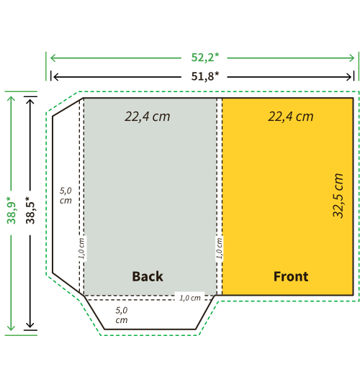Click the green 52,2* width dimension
pos(205,58)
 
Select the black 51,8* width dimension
pos(205,76)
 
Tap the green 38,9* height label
pos(12,210)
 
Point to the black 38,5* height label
pos(30,210)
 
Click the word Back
pos(148,276)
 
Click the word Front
pos(291,276)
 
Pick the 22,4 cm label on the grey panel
pos(148,117)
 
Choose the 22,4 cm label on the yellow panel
pos(291,117)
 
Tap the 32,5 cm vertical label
pos(338,196)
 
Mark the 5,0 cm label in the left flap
pos(66,196)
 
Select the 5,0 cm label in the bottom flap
pos(122,315)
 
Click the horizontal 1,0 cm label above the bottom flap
pos(190,298)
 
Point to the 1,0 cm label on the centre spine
pos(220,248)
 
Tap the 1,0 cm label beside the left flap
pos(81,248)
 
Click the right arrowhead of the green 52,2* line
pos(352,58)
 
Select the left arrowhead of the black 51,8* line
pos(56,77)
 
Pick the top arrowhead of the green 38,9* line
pos(12,99)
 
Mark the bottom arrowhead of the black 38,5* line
pos(30,324)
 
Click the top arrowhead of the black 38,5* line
pos(30,101)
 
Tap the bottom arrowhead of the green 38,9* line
pos(12,327)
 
